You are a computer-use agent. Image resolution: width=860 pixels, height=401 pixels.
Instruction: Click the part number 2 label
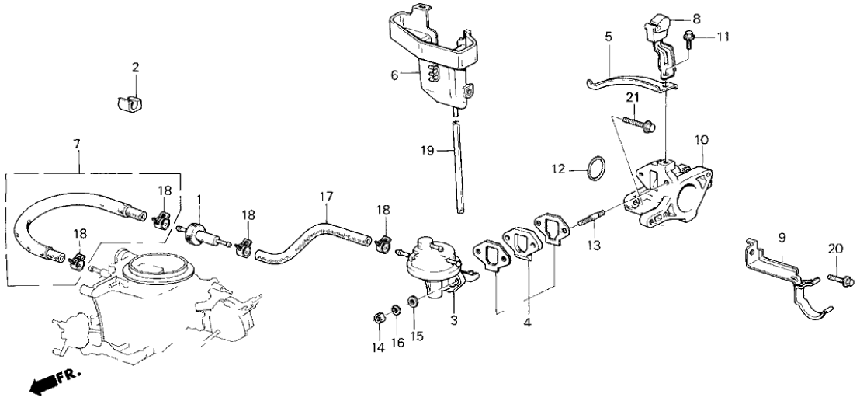click(x=135, y=68)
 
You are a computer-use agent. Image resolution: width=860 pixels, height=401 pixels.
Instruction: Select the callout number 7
click(x=76, y=145)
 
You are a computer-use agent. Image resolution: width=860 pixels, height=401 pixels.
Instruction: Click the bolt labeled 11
click(x=688, y=36)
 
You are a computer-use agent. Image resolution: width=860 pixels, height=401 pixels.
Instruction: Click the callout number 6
click(x=394, y=75)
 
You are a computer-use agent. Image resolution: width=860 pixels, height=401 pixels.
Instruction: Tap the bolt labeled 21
click(x=643, y=123)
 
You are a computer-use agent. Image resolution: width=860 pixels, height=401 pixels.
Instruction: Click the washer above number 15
click(x=413, y=301)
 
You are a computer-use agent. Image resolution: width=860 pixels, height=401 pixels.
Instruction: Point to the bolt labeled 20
click(x=841, y=277)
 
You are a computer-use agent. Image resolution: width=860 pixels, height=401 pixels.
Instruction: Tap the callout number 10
click(x=702, y=141)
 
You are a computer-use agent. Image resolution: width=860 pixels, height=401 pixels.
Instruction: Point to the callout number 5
click(x=609, y=35)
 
